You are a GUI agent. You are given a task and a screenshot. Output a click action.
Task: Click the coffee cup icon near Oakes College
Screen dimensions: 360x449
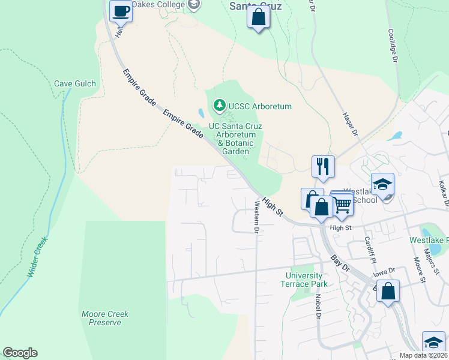coord(121,10)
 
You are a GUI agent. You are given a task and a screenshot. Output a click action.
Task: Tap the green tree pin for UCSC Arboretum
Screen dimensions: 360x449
coord(220,106)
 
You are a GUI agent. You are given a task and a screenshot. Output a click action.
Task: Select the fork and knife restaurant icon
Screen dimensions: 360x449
coord(323,166)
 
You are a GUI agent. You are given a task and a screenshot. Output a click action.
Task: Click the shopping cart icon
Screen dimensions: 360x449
coord(342,204)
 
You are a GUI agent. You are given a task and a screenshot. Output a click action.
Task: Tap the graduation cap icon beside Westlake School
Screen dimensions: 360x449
coord(382,184)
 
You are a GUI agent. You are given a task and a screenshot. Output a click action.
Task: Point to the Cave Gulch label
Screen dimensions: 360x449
coord(75,83)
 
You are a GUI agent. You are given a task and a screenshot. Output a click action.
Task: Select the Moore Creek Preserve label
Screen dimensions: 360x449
coord(105,318)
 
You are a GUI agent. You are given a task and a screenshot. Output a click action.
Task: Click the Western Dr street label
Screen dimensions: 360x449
coord(256,217)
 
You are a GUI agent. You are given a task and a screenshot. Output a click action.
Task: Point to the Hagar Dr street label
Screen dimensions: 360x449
coord(350,124)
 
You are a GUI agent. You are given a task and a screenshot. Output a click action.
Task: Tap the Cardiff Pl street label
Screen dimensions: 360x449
coord(369,250)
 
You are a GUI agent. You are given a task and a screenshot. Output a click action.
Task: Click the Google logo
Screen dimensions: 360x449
coord(20,353)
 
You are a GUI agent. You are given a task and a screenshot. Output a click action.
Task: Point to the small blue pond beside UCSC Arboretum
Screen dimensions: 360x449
coord(199,112)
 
